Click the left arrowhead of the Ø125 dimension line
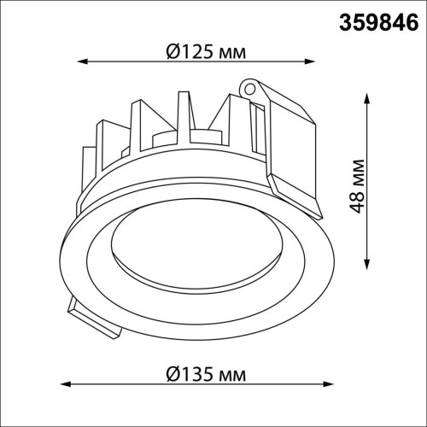[84, 61]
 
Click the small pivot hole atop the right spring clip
[249, 87]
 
